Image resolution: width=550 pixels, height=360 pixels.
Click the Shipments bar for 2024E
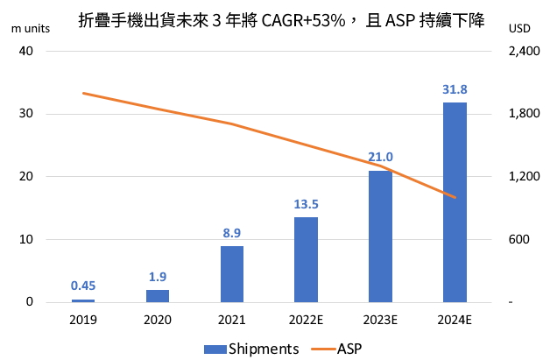click(x=455, y=202)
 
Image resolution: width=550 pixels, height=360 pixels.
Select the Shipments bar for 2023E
click(x=380, y=236)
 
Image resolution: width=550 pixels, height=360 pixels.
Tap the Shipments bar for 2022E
click(x=306, y=260)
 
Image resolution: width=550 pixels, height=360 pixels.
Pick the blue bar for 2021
click(x=231, y=274)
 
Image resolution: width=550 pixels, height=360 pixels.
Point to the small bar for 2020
click(x=158, y=296)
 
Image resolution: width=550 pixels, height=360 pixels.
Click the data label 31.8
click(x=455, y=89)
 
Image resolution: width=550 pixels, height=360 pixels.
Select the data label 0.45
click(x=83, y=285)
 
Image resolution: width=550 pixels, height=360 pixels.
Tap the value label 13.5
click(x=306, y=204)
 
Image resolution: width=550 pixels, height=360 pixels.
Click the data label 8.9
click(x=231, y=233)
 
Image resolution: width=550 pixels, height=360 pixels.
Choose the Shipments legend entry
click(x=251, y=348)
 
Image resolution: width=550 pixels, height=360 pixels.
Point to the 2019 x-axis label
click(x=83, y=320)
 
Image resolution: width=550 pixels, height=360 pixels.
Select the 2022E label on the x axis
click(x=306, y=320)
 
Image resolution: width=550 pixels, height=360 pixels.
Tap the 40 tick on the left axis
click(x=25, y=51)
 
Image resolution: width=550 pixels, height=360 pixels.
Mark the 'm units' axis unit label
click(x=30, y=27)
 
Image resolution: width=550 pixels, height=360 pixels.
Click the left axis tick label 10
click(x=25, y=239)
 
